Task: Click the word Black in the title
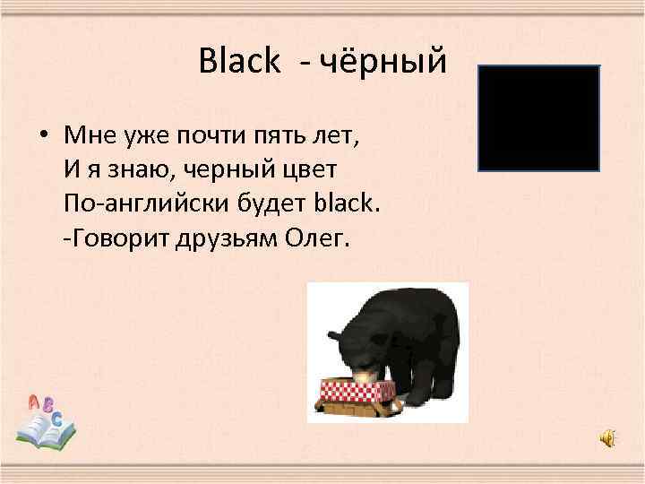click(239, 62)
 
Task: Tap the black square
click(538, 117)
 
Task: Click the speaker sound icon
click(607, 438)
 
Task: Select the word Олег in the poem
click(321, 240)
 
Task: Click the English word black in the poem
click(348, 203)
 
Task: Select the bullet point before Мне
click(42, 135)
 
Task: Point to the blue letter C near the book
click(57, 419)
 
